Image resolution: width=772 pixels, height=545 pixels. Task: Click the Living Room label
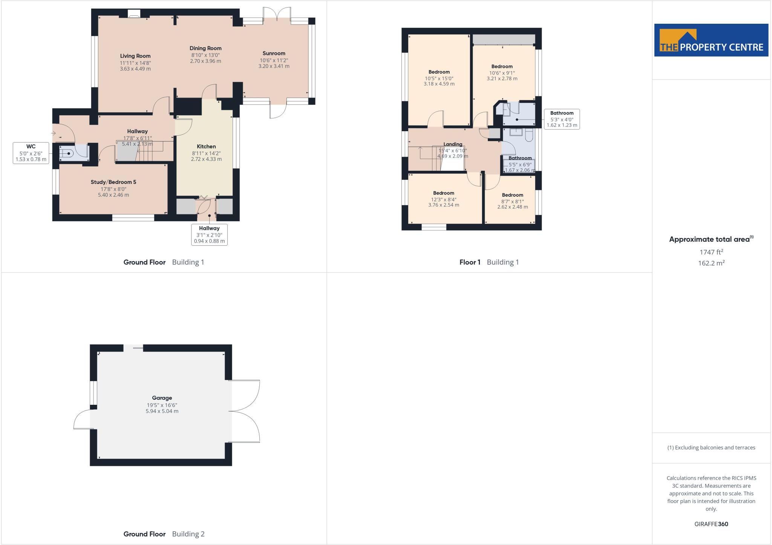click(x=135, y=56)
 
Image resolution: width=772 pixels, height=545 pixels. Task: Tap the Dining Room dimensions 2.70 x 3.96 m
click(x=205, y=61)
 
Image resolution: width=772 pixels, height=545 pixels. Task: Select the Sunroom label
click(x=274, y=54)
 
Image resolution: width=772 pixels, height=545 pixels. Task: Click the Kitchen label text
click(x=206, y=147)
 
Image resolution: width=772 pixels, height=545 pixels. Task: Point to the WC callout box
click(x=31, y=153)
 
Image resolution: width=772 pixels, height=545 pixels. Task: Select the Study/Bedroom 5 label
click(x=113, y=182)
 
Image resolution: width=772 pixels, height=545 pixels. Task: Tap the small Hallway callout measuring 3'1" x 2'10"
click(x=209, y=234)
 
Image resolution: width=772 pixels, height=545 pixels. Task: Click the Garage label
click(x=162, y=398)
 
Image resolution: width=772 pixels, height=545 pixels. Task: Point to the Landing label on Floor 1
click(x=453, y=144)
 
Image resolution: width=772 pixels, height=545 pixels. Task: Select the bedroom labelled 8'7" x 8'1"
click(x=512, y=201)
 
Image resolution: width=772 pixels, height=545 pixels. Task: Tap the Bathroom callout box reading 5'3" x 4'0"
click(x=562, y=119)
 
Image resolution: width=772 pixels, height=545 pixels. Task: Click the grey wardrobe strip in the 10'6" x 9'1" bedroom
click(x=504, y=39)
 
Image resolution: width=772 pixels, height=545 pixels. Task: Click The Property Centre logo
click(x=711, y=40)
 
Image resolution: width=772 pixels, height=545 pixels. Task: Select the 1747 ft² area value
click(x=711, y=252)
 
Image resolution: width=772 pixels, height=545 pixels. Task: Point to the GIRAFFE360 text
click(x=711, y=524)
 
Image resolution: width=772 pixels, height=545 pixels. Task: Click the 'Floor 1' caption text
click(x=470, y=262)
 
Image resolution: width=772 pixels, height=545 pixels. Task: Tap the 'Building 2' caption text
click(x=188, y=534)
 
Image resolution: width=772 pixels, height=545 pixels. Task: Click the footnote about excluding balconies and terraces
click(x=711, y=448)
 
